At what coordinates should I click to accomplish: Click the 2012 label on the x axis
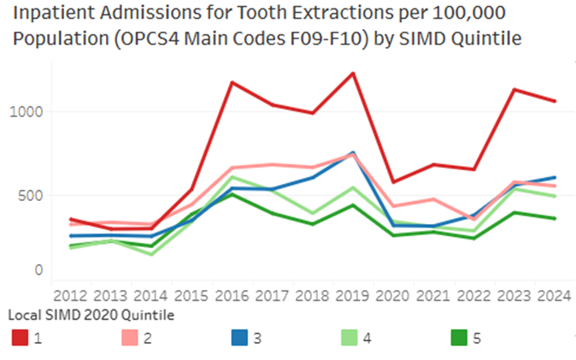click(x=72, y=295)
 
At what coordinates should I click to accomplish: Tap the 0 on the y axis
click(x=38, y=270)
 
